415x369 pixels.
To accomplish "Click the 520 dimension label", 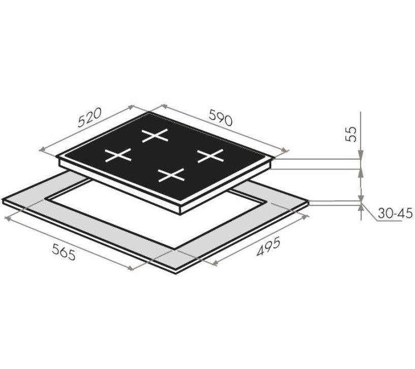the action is (x=90, y=117).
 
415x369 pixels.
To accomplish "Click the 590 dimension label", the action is (x=221, y=117).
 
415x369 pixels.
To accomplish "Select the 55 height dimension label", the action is (x=352, y=134).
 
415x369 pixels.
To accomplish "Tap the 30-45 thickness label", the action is (x=395, y=213).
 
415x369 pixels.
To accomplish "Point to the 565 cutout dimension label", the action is (x=64, y=252).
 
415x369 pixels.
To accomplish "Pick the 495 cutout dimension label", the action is (x=268, y=248).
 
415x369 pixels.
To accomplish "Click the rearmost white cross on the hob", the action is (x=155, y=135).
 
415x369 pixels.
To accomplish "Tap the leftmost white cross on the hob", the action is (x=118, y=155).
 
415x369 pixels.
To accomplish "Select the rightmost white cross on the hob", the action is (x=211, y=156).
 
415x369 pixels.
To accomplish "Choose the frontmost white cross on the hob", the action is (x=171, y=175).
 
